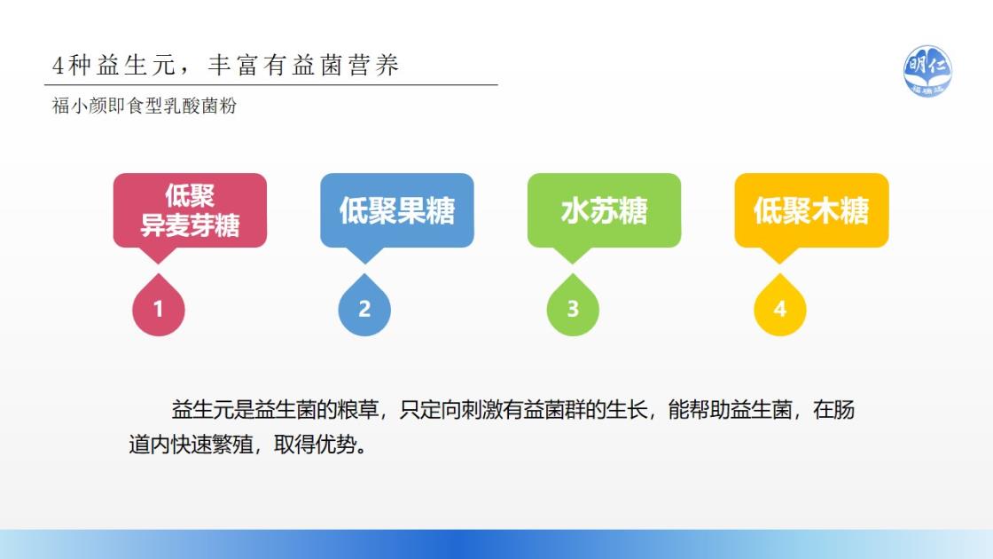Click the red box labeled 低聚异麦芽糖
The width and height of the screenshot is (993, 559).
(190, 210)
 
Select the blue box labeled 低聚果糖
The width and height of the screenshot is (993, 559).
(397, 210)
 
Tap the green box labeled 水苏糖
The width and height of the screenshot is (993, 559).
(604, 210)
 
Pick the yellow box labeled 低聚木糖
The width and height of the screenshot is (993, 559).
(811, 210)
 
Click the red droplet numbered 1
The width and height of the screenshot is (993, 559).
(159, 307)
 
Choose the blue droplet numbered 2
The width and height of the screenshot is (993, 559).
(364, 307)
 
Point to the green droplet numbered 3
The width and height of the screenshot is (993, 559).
(573, 307)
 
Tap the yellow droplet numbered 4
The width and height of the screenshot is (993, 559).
(779, 307)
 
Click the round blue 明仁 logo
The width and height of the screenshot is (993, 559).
(927, 71)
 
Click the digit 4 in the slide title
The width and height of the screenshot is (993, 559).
(59, 66)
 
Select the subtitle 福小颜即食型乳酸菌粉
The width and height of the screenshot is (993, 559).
(145, 106)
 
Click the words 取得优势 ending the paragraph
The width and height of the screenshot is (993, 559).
(315, 445)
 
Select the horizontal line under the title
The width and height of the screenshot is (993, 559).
(271, 84)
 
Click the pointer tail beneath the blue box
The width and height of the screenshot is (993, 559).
(364, 256)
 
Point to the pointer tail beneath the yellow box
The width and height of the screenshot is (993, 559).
(779, 256)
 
